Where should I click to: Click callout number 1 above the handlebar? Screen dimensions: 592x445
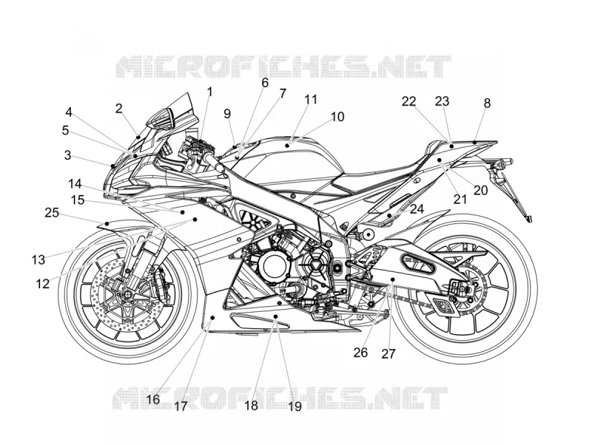pos(209,92)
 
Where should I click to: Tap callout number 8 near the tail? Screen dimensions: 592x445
pos(487,103)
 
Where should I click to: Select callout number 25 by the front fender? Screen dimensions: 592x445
pos(52,213)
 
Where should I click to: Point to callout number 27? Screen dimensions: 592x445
pos(388,354)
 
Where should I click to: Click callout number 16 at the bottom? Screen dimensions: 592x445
pos(153,399)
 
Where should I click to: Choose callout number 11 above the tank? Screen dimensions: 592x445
pos(311,100)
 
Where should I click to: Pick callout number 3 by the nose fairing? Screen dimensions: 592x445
pos(67,155)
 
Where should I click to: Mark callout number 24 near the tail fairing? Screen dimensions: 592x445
pos(417,208)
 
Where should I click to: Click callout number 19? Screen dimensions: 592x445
pos(295,406)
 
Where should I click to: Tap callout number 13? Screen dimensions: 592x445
pos(38,259)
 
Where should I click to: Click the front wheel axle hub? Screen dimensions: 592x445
pos(125,294)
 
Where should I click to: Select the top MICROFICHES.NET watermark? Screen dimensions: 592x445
pos(283,67)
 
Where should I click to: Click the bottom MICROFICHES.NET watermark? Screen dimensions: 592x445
pos(280,398)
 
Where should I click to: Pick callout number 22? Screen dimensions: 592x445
pos(408,101)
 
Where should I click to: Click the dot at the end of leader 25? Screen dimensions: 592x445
pos(107,224)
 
